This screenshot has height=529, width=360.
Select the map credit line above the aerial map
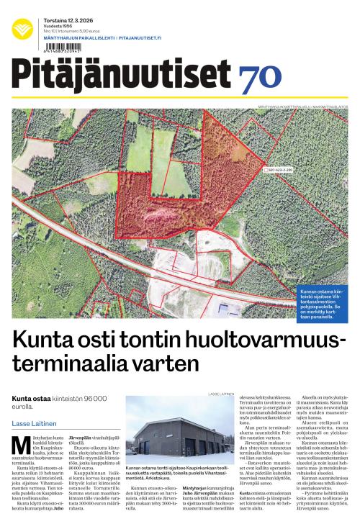click(x=302, y=107)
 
